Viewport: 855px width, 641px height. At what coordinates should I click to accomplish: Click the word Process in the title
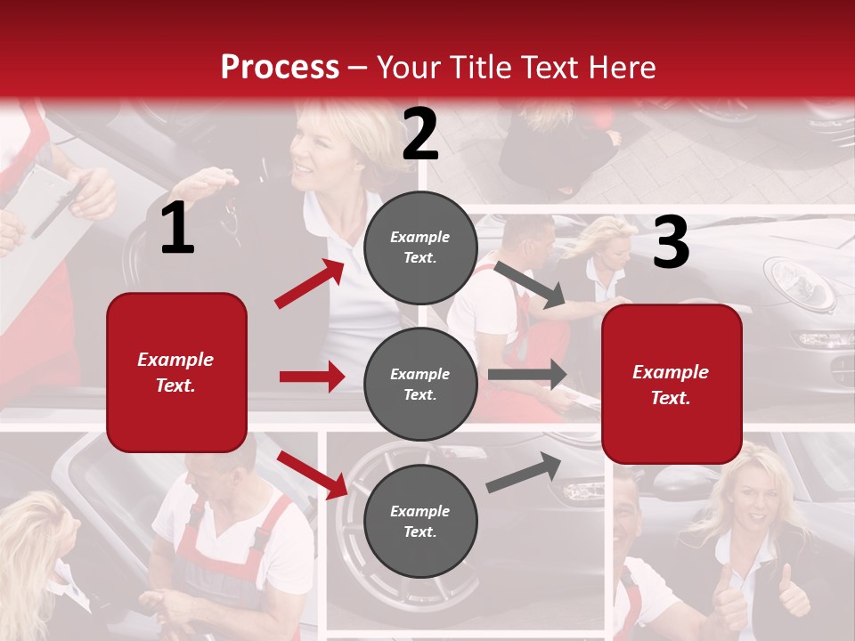(280, 67)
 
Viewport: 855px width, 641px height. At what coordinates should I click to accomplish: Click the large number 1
(177, 229)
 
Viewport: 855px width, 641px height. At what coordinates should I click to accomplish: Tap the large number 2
(420, 134)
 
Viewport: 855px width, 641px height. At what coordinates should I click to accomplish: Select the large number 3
(671, 242)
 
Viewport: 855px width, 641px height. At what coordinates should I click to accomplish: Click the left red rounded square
(176, 372)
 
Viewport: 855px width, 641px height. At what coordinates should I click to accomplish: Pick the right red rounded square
(672, 384)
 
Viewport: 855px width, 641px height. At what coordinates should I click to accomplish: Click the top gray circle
(420, 247)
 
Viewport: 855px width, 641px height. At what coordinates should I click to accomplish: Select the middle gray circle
(420, 384)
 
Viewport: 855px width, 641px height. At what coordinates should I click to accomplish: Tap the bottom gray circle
(420, 521)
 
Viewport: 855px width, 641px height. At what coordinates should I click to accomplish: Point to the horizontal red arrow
(312, 377)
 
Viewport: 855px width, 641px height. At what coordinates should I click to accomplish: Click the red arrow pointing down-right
(312, 475)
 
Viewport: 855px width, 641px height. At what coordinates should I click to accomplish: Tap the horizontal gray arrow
(526, 375)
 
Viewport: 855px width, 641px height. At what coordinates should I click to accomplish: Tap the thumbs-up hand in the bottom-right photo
(791, 592)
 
